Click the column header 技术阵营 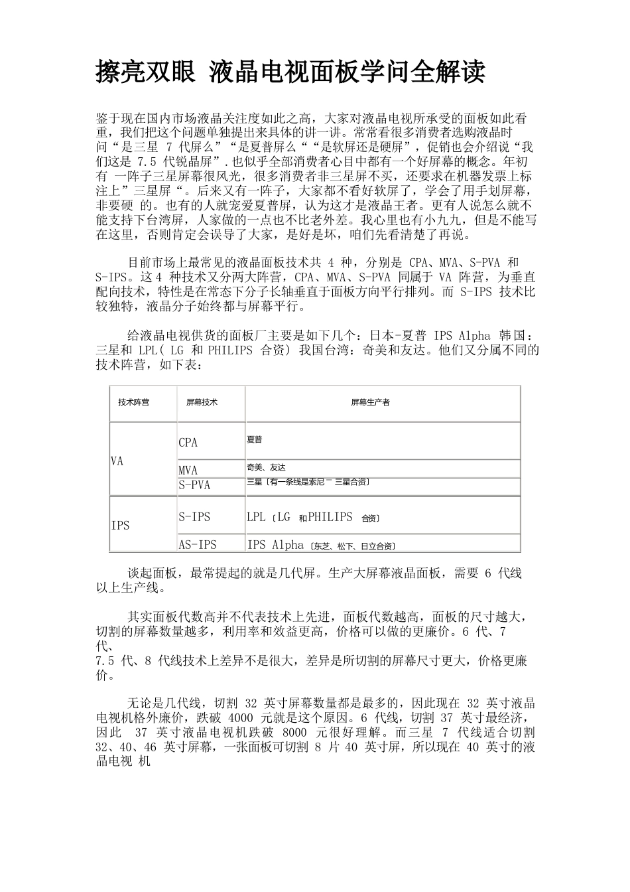(x=133, y=402)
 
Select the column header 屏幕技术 (x=202, y=402)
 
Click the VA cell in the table (x=117, y=461)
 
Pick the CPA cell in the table (x=188, y=443)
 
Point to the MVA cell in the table (x=188, y=471)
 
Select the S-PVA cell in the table (x=194, y=485)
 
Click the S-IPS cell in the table (x=194, y=517)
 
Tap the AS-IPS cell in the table (x=198, y=545)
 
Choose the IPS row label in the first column (x=120, y=526)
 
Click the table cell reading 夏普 (x=254, y=439)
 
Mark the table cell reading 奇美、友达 (x=266, y=467)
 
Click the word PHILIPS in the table (x=330, y=517)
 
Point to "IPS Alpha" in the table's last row (x=275, y=545)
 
